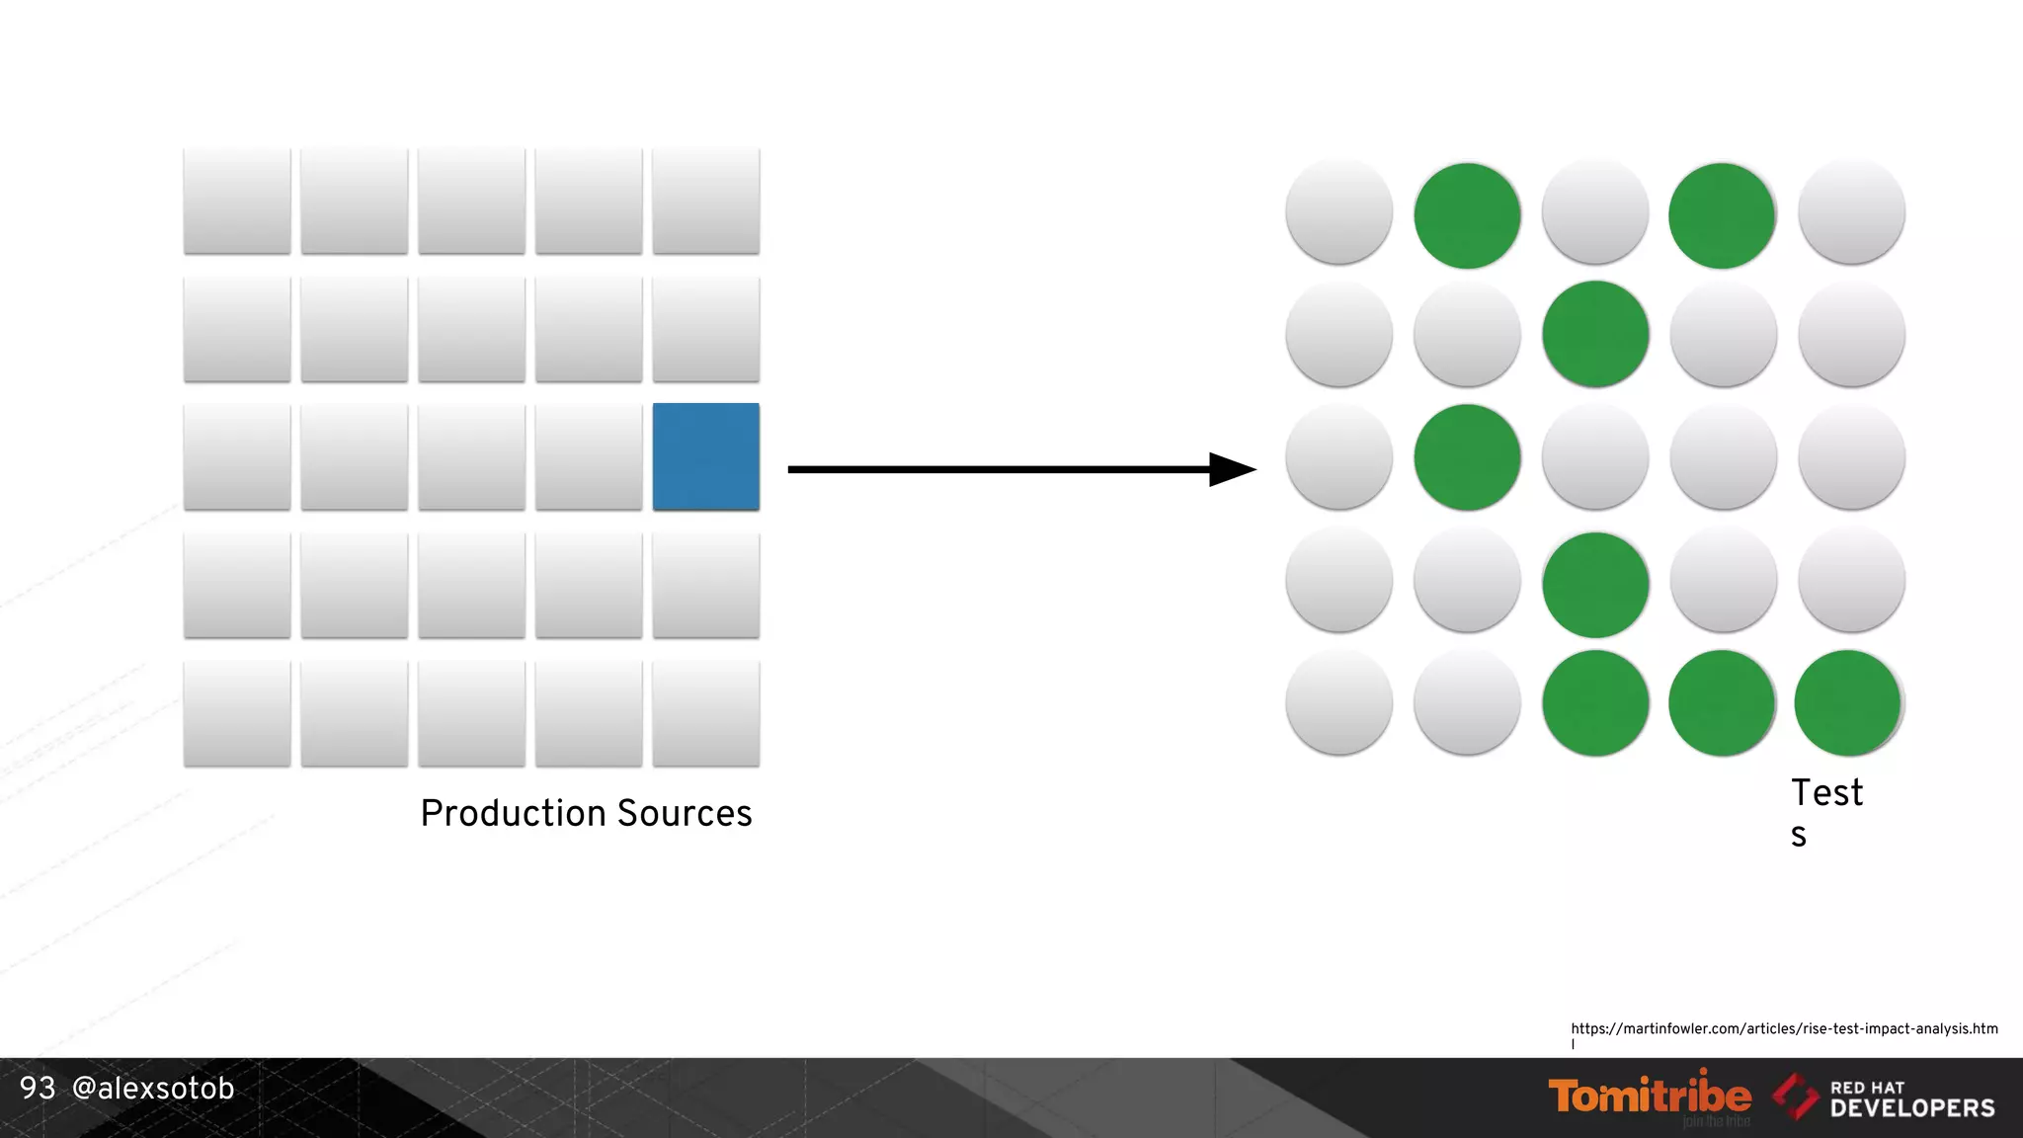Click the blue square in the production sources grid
706,456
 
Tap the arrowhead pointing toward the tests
1231,469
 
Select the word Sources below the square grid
685,813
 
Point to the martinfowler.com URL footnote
1784,1029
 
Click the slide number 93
38,1088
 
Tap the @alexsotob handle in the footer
153,1088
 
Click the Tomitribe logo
1650,1097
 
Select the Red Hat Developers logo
1885,1098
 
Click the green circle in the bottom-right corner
1848,703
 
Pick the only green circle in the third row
1467,457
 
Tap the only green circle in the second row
1595,334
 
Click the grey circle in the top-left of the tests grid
1339,212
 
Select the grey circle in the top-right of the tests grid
1851,212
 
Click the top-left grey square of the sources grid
237,201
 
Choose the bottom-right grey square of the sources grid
706,713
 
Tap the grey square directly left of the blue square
589,456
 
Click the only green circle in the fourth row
1595,584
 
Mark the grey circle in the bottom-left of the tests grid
1339,703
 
